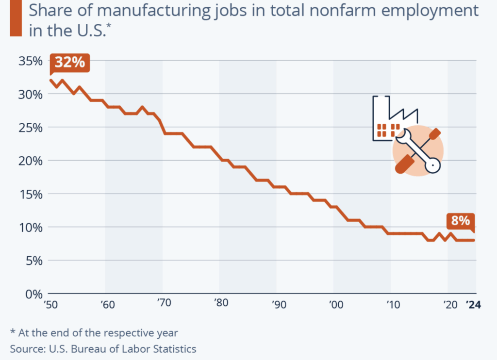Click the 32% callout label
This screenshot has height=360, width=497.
(x=70, y=63)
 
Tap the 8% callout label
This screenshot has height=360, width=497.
(x=461, y=221)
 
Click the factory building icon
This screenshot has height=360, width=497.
(x=388, y=121)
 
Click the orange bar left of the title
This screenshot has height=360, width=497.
(x=16, y=18)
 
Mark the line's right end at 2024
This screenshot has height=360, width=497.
(x=474, y=240)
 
